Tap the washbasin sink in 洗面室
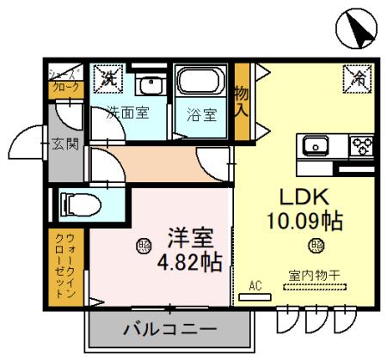pyautogui.click(x=152, y=86)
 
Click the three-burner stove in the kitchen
pyautogui.click(x=361, y=144)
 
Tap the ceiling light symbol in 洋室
pyautogui.click(x=142, y=246)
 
